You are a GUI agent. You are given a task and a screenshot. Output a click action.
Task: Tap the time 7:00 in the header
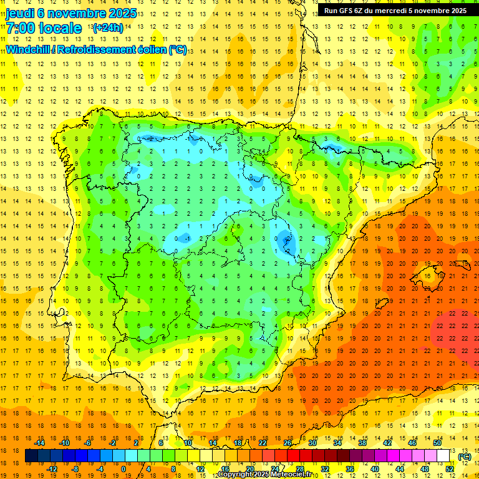click(x=23, y=29)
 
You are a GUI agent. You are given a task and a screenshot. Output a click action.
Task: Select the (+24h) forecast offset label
click(x=107, y=28)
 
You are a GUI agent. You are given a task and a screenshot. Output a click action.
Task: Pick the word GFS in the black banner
click(x=349, y=11)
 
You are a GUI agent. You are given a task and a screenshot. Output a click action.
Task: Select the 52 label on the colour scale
click(x=450, y=469)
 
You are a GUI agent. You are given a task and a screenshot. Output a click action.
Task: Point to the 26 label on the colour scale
click(x=288, y=443)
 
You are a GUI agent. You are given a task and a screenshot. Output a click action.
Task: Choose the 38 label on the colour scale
click(x=362, y=443)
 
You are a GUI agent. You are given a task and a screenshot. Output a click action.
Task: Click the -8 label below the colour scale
click(x=75, y=469)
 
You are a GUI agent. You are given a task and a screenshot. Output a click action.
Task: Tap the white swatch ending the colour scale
click(x=443, y=456)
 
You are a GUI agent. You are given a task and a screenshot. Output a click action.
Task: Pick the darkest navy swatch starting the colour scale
click(x=31, y=456)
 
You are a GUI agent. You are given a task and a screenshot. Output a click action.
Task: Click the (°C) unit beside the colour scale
click(x=465, y=457)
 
